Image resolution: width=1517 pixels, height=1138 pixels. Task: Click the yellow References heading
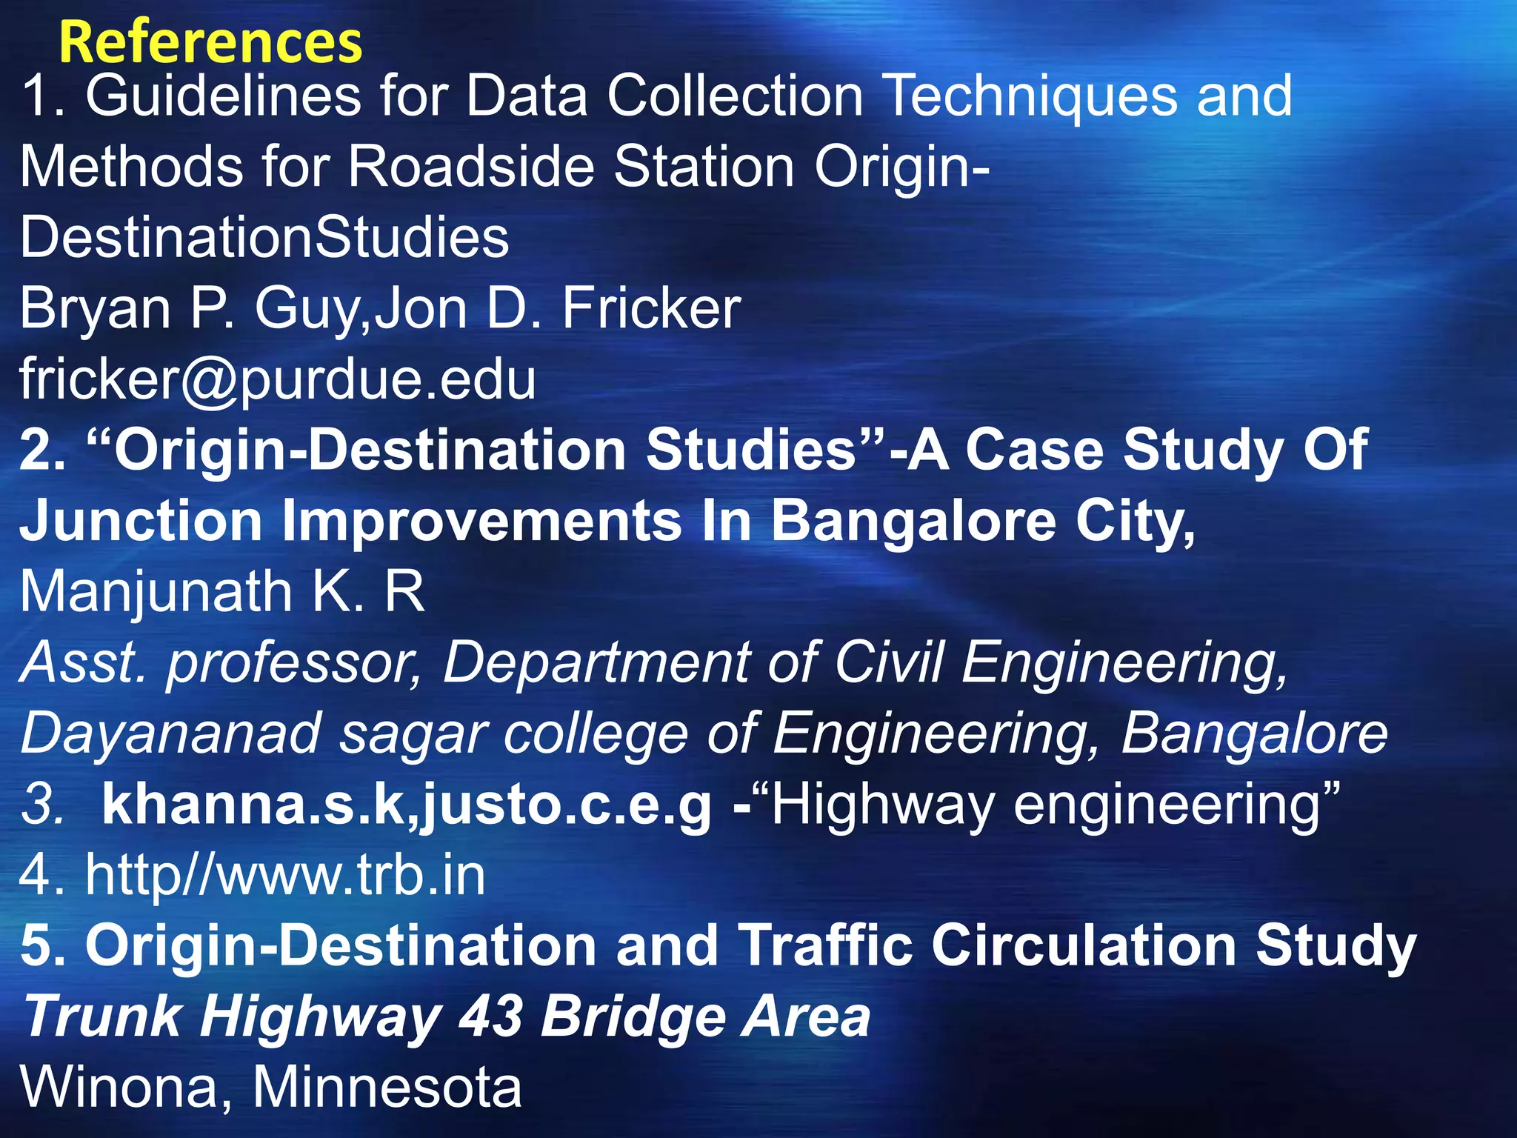coord(210,43)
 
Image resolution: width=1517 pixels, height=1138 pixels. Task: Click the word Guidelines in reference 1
coord(223,96)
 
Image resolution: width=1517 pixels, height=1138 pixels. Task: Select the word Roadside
coord(471,166)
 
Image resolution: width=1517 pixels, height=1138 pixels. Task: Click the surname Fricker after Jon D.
coord(651,308)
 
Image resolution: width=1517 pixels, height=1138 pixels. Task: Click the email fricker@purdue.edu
coord(278,379)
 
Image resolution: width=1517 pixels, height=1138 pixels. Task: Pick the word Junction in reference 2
coord(141,521)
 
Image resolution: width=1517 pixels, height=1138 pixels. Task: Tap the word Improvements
coord(482,521)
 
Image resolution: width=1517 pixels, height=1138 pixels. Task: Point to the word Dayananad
coord(170,733)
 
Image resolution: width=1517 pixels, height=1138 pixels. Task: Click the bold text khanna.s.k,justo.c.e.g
coord(407,805)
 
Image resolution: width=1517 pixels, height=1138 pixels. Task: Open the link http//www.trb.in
coord(285,875)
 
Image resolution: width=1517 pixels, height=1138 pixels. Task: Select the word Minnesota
coord(387,1088)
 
